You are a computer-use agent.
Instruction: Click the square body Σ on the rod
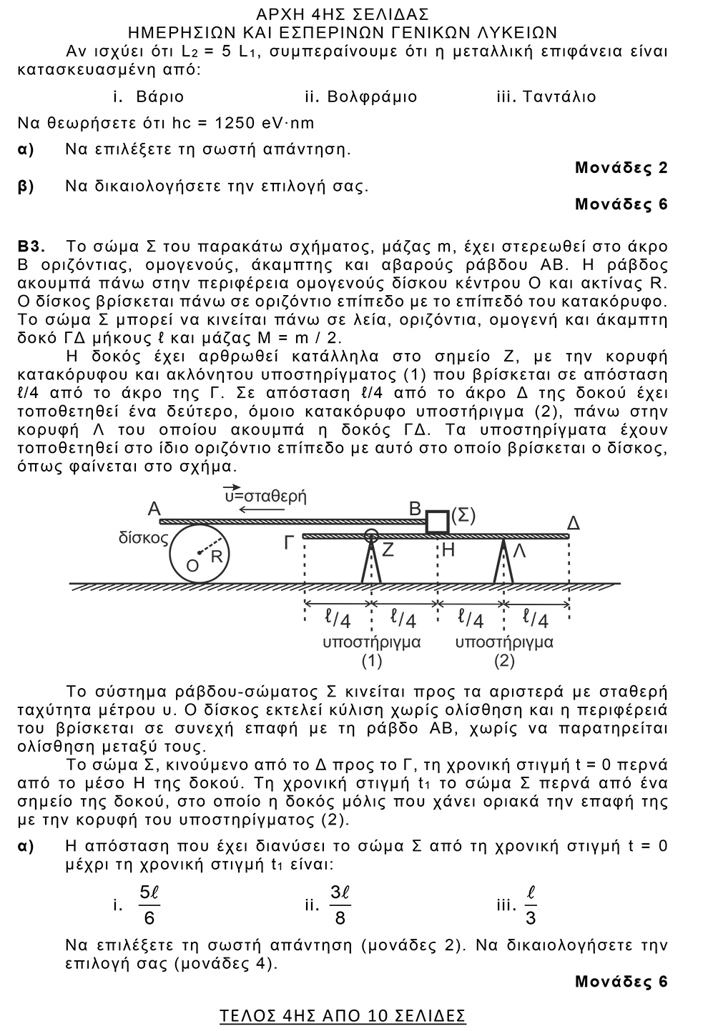(x=437, y=522)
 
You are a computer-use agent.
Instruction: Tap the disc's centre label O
(x=192, y=566)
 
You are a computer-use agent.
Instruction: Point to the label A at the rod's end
(x=154, y=509)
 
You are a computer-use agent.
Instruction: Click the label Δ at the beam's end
(x=573, y=524)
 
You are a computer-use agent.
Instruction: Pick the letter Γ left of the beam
(x=289, y=544)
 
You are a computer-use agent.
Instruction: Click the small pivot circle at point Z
(x=370, y=535)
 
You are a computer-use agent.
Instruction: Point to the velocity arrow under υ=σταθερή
(x=258, y=509)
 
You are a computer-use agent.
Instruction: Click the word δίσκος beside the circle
(x=142, y=538)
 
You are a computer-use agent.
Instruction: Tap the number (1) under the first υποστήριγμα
(x=371, y=661)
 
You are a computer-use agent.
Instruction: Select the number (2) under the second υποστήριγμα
(x=504, y=661)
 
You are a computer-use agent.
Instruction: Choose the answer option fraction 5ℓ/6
(x=149, y=905)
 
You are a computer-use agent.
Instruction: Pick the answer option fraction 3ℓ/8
(x=340, y=905)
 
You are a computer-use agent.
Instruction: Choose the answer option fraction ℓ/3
(x=531, y=905)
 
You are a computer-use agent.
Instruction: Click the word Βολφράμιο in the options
(x=372, y=96)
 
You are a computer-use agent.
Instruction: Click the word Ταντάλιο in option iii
(x=559, y=96)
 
